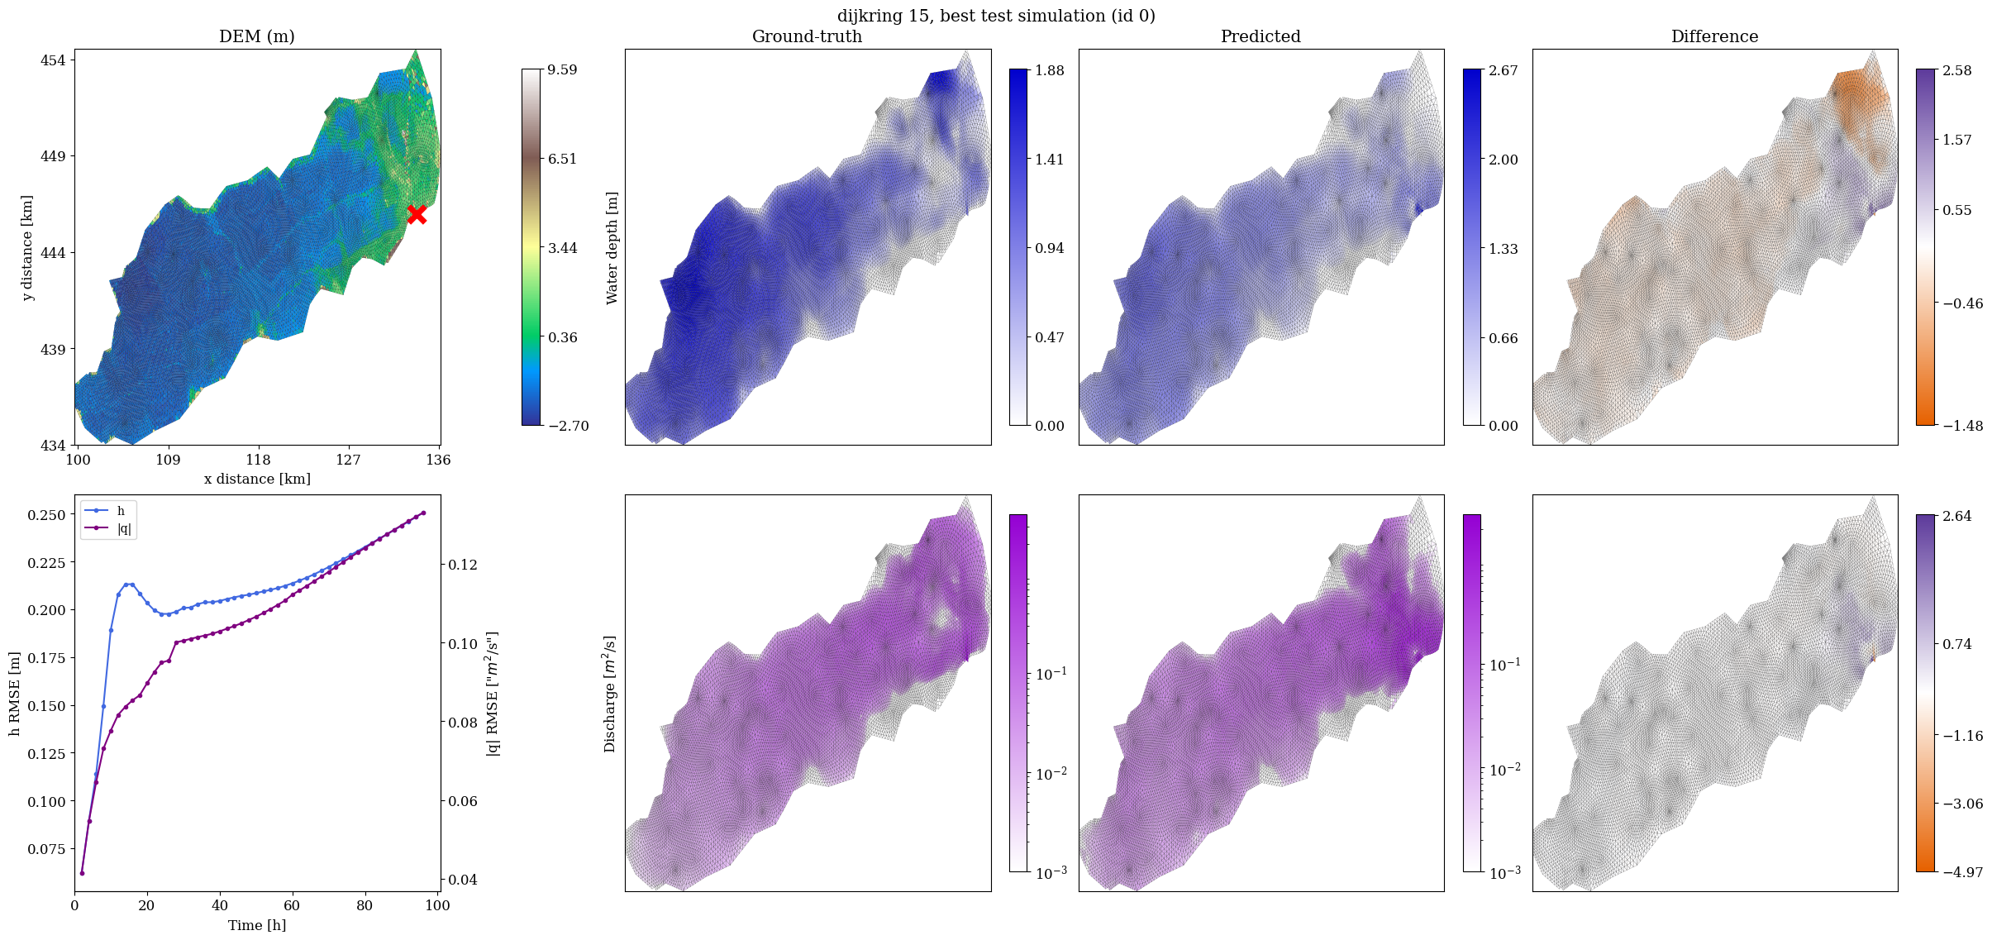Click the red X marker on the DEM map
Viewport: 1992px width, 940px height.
click(417, 214)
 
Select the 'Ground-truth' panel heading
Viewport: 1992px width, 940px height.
click(807, 36)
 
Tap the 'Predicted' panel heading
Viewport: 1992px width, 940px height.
click(1260, 36)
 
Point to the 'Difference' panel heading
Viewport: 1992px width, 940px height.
click(1714, 36)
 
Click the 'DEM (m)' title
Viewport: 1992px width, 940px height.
click(257, 36)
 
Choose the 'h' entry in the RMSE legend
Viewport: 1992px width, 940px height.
click(121, 511)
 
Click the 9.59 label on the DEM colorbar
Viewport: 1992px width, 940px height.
click(562, 69)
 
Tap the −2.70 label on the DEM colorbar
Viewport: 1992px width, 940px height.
click(569, 426)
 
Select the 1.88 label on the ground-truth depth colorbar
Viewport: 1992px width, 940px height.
click(1050, 70)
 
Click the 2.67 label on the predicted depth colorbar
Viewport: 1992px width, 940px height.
click(1504, 70)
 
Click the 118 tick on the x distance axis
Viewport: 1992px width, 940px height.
click(258, 460)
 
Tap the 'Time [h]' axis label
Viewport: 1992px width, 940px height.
click(257, 925)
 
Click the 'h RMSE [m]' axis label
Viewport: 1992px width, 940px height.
click(15, 693)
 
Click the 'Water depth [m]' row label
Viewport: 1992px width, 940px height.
click(612, 248)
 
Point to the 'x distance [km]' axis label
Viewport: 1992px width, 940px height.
click(257, 479)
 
